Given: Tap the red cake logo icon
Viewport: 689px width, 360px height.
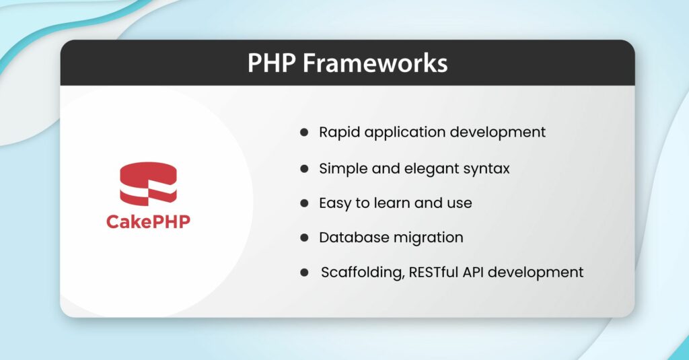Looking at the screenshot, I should point(148,182).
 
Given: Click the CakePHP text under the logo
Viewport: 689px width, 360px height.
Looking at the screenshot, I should point(148,222).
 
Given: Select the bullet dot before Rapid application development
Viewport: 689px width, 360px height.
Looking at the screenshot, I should point(303,133).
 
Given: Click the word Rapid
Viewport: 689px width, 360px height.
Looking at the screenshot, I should point(339,133).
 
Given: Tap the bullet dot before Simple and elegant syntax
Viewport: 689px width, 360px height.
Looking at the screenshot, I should point(303,168).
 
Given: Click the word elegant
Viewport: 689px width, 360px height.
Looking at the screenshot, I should point(422,168).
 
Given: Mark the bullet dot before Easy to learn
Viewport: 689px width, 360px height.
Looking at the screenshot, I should point(303,203).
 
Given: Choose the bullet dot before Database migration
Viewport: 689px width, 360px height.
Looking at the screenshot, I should point(303,238).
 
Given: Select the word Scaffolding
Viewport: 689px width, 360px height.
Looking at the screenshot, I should point(361,273).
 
